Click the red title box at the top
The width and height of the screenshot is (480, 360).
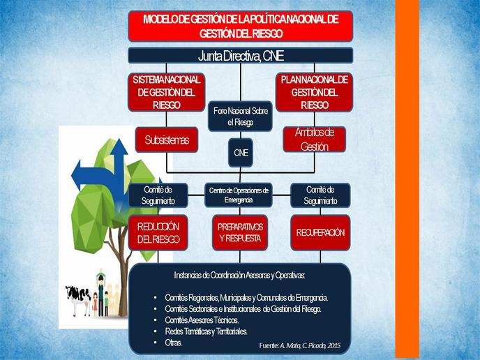(x=241, y=27)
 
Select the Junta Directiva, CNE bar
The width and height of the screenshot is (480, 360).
(x=241, y=56)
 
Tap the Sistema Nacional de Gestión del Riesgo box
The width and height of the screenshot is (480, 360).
(x=166, y=92)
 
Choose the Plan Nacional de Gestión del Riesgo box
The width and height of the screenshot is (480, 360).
(x=315, y=92)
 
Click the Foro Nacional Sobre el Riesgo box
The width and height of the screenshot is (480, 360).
(x=240, y=117)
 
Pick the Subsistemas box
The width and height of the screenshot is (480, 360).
(x=167, y=140)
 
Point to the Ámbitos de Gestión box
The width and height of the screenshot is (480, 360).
(x=315, y=140)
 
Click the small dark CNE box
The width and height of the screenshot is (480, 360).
(x=241, y=153)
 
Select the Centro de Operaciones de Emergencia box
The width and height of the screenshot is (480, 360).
(x=239, y=195)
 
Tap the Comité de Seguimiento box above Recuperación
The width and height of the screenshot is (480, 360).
(x=320, y=195)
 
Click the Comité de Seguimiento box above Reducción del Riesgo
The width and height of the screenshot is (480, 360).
(x=158, y=195)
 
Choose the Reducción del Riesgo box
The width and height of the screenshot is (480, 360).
(x=158, y=233)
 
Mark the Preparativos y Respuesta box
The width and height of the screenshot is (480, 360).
(x=240, y=232)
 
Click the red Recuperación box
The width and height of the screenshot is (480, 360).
(x=320, y=232)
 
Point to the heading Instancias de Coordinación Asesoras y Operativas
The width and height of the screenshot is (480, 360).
(x=239, y=275)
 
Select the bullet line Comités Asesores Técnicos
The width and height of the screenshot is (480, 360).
(x=202, y=320)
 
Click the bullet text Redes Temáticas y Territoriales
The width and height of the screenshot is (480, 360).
(x=206, y=331)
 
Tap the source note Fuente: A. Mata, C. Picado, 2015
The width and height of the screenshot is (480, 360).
(x=300, y=345)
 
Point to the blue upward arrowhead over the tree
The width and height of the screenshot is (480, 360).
(x=119, y=147)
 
